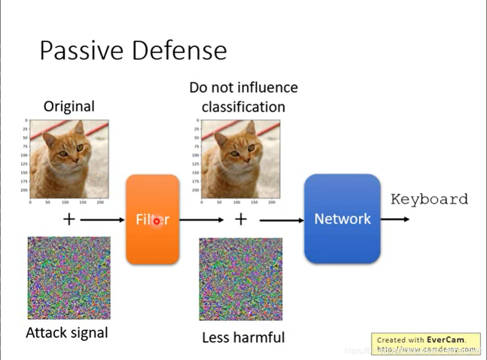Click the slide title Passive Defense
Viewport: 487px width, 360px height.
pos(133,50)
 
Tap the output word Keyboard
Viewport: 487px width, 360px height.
pos(429,199)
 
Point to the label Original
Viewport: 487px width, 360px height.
pos(69,107)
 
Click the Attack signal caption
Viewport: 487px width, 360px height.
pos(67,333)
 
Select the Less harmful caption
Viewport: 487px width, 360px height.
pos(243,338)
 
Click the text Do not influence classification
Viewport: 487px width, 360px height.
pos(243,97)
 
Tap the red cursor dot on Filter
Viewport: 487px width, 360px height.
pos(157,221)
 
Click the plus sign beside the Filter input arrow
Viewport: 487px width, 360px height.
pos(69,219)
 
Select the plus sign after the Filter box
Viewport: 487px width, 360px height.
pos(240,219)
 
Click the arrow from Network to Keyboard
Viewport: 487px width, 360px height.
pos(396,219)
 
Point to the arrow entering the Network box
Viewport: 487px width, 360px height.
pos(282,220)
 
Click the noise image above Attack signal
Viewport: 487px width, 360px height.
pos(69,278)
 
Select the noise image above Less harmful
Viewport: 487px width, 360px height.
pos(240,279)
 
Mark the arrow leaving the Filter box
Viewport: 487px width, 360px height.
pos(201,220)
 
